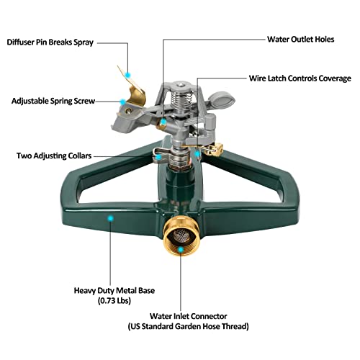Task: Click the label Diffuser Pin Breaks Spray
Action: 50,42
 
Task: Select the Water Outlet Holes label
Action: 300,40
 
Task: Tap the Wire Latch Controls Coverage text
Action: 300,78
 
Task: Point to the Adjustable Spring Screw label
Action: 53,101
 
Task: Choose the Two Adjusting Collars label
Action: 54,156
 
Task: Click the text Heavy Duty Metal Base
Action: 114,291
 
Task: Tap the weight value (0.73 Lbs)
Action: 114,300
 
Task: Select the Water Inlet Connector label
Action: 188,316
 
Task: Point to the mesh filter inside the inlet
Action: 181,235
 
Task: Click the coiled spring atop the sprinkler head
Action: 181,99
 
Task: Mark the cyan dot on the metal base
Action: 111,218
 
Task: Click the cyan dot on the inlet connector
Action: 181,250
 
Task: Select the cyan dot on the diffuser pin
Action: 128,75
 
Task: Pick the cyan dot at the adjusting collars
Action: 158,157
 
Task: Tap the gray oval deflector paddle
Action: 222,99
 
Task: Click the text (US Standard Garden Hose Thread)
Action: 188,326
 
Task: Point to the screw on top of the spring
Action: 181,85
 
